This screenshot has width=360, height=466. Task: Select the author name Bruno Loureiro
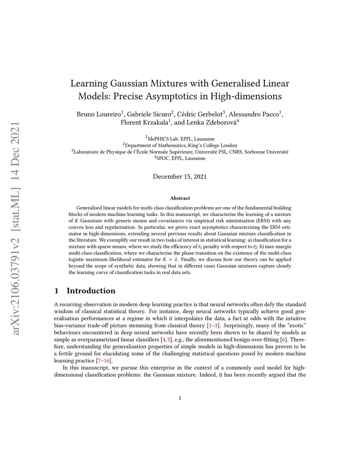99,114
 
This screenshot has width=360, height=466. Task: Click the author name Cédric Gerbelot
200,114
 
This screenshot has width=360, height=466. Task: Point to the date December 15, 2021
180,177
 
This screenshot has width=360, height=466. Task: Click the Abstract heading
180,198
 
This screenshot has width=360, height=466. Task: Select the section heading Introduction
91,291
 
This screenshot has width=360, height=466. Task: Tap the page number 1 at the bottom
180,398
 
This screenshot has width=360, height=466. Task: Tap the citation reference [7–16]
104,361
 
